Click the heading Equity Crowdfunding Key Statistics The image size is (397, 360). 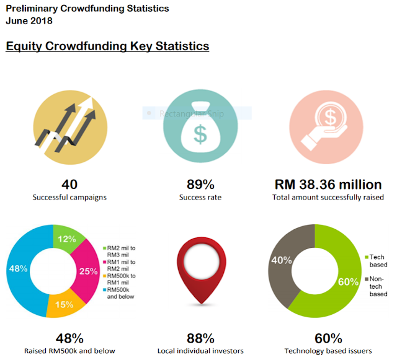(107, 46)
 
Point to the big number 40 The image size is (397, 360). (69, 185)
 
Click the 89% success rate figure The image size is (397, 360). (200, 185)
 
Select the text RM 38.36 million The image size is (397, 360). (328, 185)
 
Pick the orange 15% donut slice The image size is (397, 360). (64, 304)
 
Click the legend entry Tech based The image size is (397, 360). (378, 260)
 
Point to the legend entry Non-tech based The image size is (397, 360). (378, 286)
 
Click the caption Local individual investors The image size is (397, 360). (200, 351)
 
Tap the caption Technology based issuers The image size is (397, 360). (328, 351)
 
